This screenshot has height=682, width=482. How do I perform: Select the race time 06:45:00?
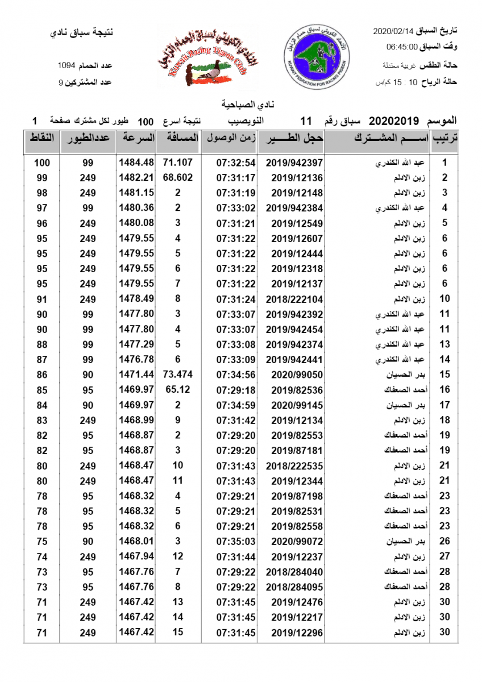pos(402,47)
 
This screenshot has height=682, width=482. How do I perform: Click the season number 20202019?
pos(394,121)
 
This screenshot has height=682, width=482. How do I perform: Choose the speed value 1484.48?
pos(136,163)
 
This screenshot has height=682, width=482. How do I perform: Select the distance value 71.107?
pos(178,163)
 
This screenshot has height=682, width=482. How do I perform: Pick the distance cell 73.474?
pos(178,375)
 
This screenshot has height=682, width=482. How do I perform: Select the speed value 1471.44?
pos(136,375)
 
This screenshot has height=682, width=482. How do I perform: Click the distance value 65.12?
pos(178,390)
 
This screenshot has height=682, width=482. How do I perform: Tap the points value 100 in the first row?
pos(42,163)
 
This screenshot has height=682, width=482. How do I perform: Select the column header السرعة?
pos(136,139)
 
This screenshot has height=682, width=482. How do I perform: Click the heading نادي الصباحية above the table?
pos(241,106)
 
